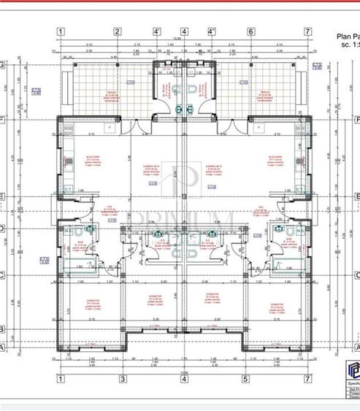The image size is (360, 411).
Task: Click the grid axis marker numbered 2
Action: [117, 31]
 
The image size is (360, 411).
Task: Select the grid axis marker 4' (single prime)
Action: [156, 31]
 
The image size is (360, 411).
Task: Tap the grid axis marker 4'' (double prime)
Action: [212, 31]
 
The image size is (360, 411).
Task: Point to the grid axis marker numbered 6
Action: [250, 31]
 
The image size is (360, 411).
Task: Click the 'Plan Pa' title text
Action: [347, 35]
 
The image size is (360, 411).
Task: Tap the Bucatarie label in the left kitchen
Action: [92, 160]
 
